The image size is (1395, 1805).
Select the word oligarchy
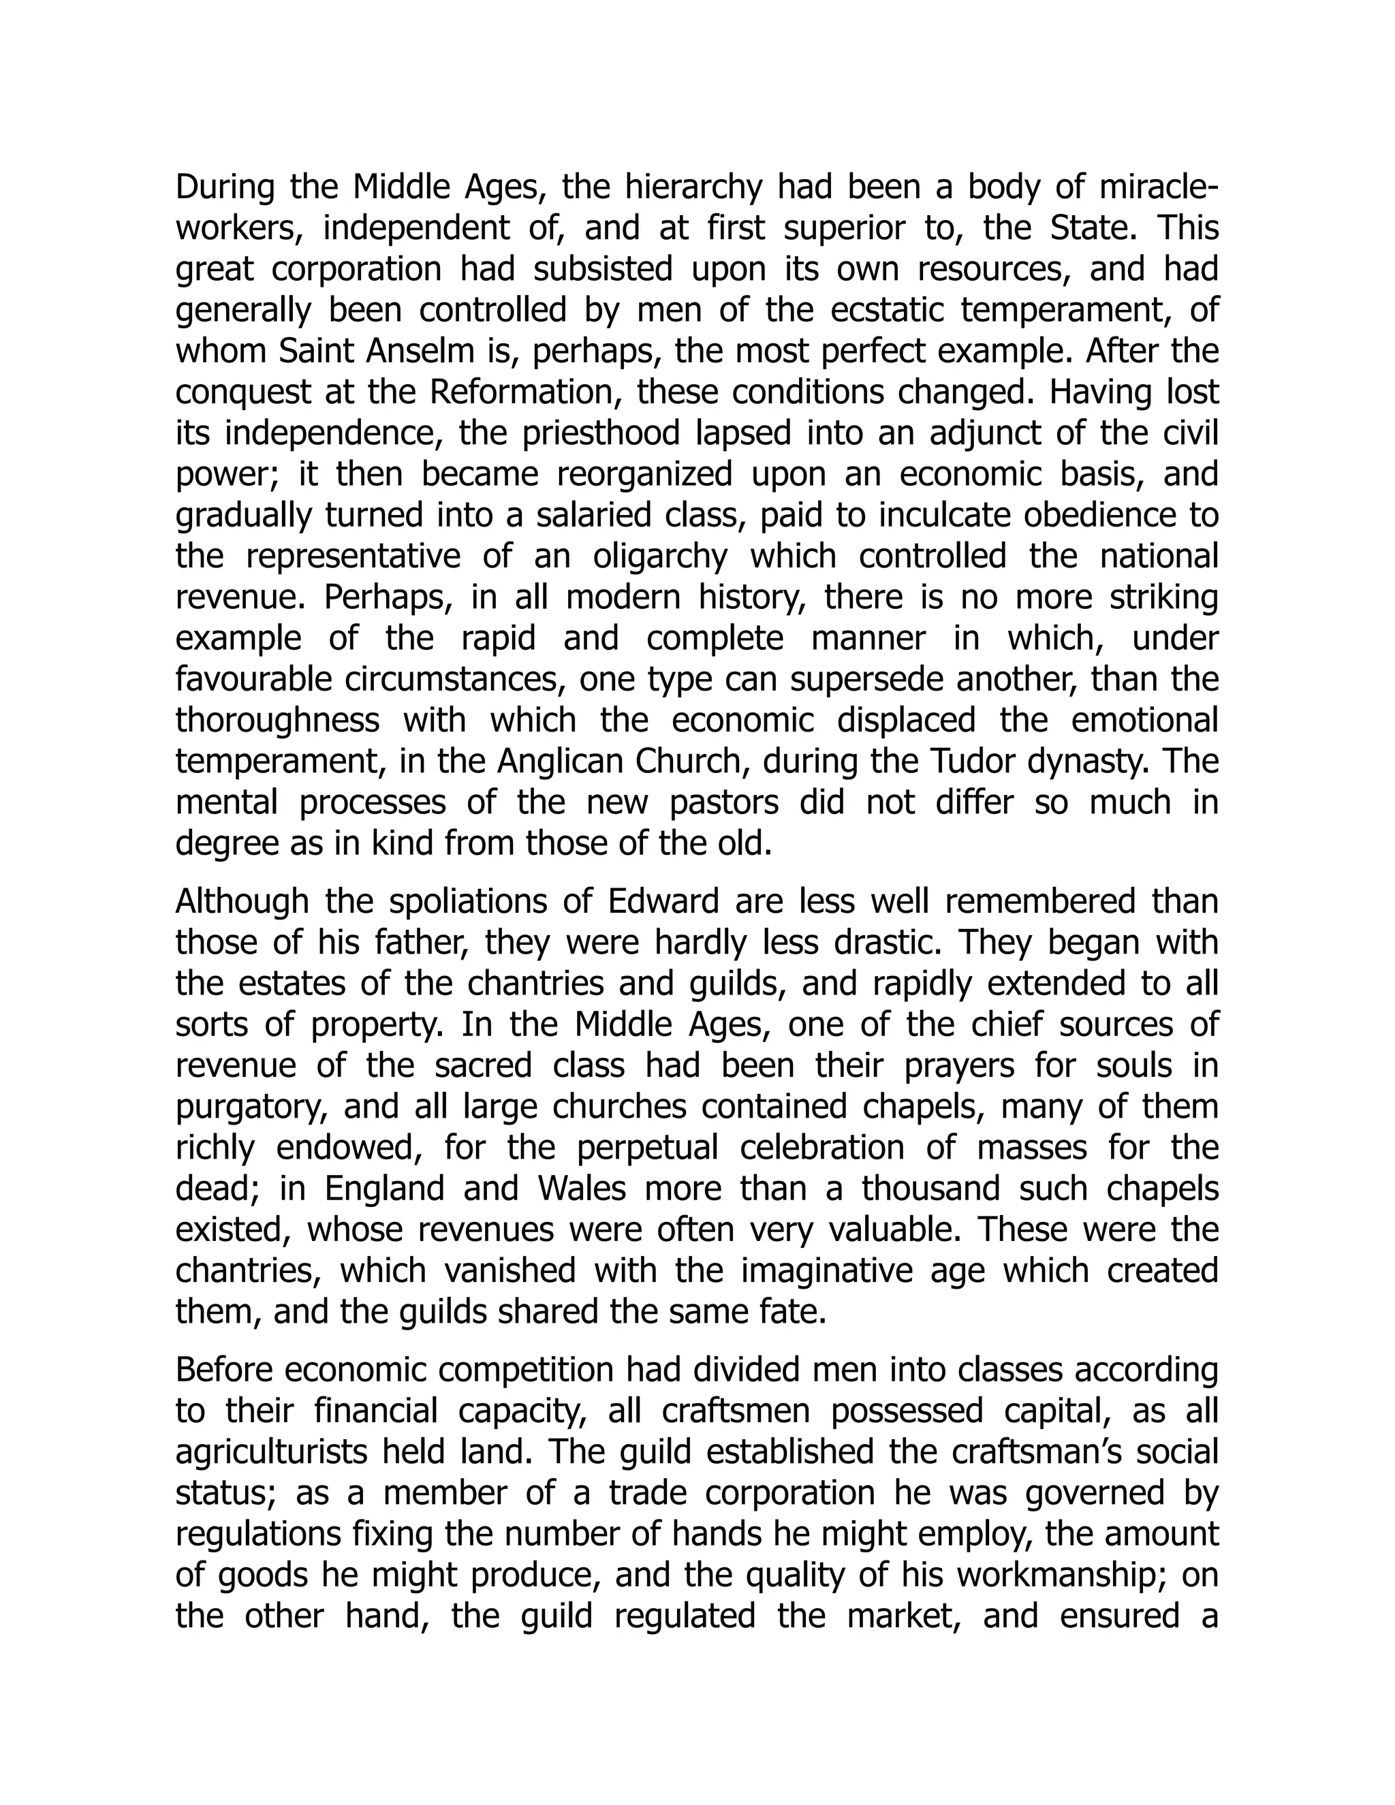click(660, 556)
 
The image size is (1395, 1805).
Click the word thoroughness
click(278, 721)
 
